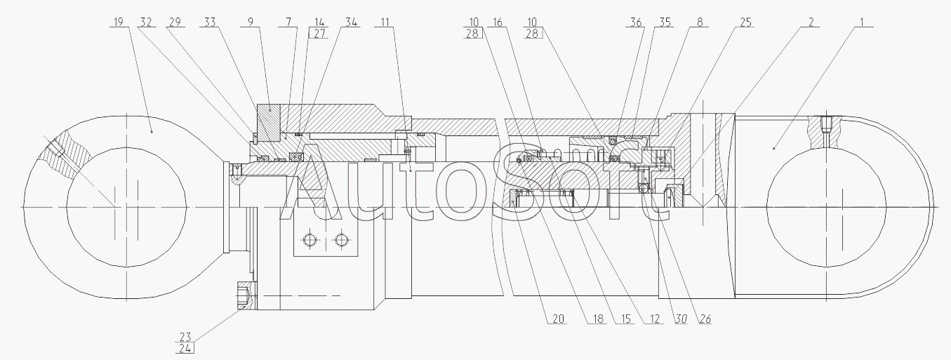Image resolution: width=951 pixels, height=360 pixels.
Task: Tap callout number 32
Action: [x=146, y=22]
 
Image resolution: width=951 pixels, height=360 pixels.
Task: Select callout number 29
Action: [x=174, y=22]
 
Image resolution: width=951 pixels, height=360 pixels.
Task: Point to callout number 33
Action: [x=209, y=22]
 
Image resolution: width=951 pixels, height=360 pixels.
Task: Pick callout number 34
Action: [x=350, y=22]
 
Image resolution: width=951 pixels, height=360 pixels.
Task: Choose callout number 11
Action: [x=385, y=22]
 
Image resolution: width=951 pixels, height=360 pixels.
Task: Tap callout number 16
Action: [x=498, y=22]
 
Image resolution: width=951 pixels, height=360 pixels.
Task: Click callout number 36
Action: [x=635, y=22]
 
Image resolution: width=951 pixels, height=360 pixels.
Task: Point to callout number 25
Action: [x=745, y=22]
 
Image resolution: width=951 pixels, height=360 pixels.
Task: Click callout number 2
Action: [x=811, y=22]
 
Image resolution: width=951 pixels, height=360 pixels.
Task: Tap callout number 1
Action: [x=858, y=22]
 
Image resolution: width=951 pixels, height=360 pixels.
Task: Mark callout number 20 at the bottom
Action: [x=558, y=319]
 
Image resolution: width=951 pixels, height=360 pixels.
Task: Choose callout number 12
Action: [x=655, y=319]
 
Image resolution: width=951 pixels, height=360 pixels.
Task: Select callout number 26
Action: [x=704, y=319]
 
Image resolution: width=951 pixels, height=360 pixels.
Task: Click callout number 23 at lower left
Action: [x=185, y=336]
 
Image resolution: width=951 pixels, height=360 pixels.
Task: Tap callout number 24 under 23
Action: [x=185, y=348]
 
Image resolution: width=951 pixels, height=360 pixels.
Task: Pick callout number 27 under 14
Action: [x=320, y=34]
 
